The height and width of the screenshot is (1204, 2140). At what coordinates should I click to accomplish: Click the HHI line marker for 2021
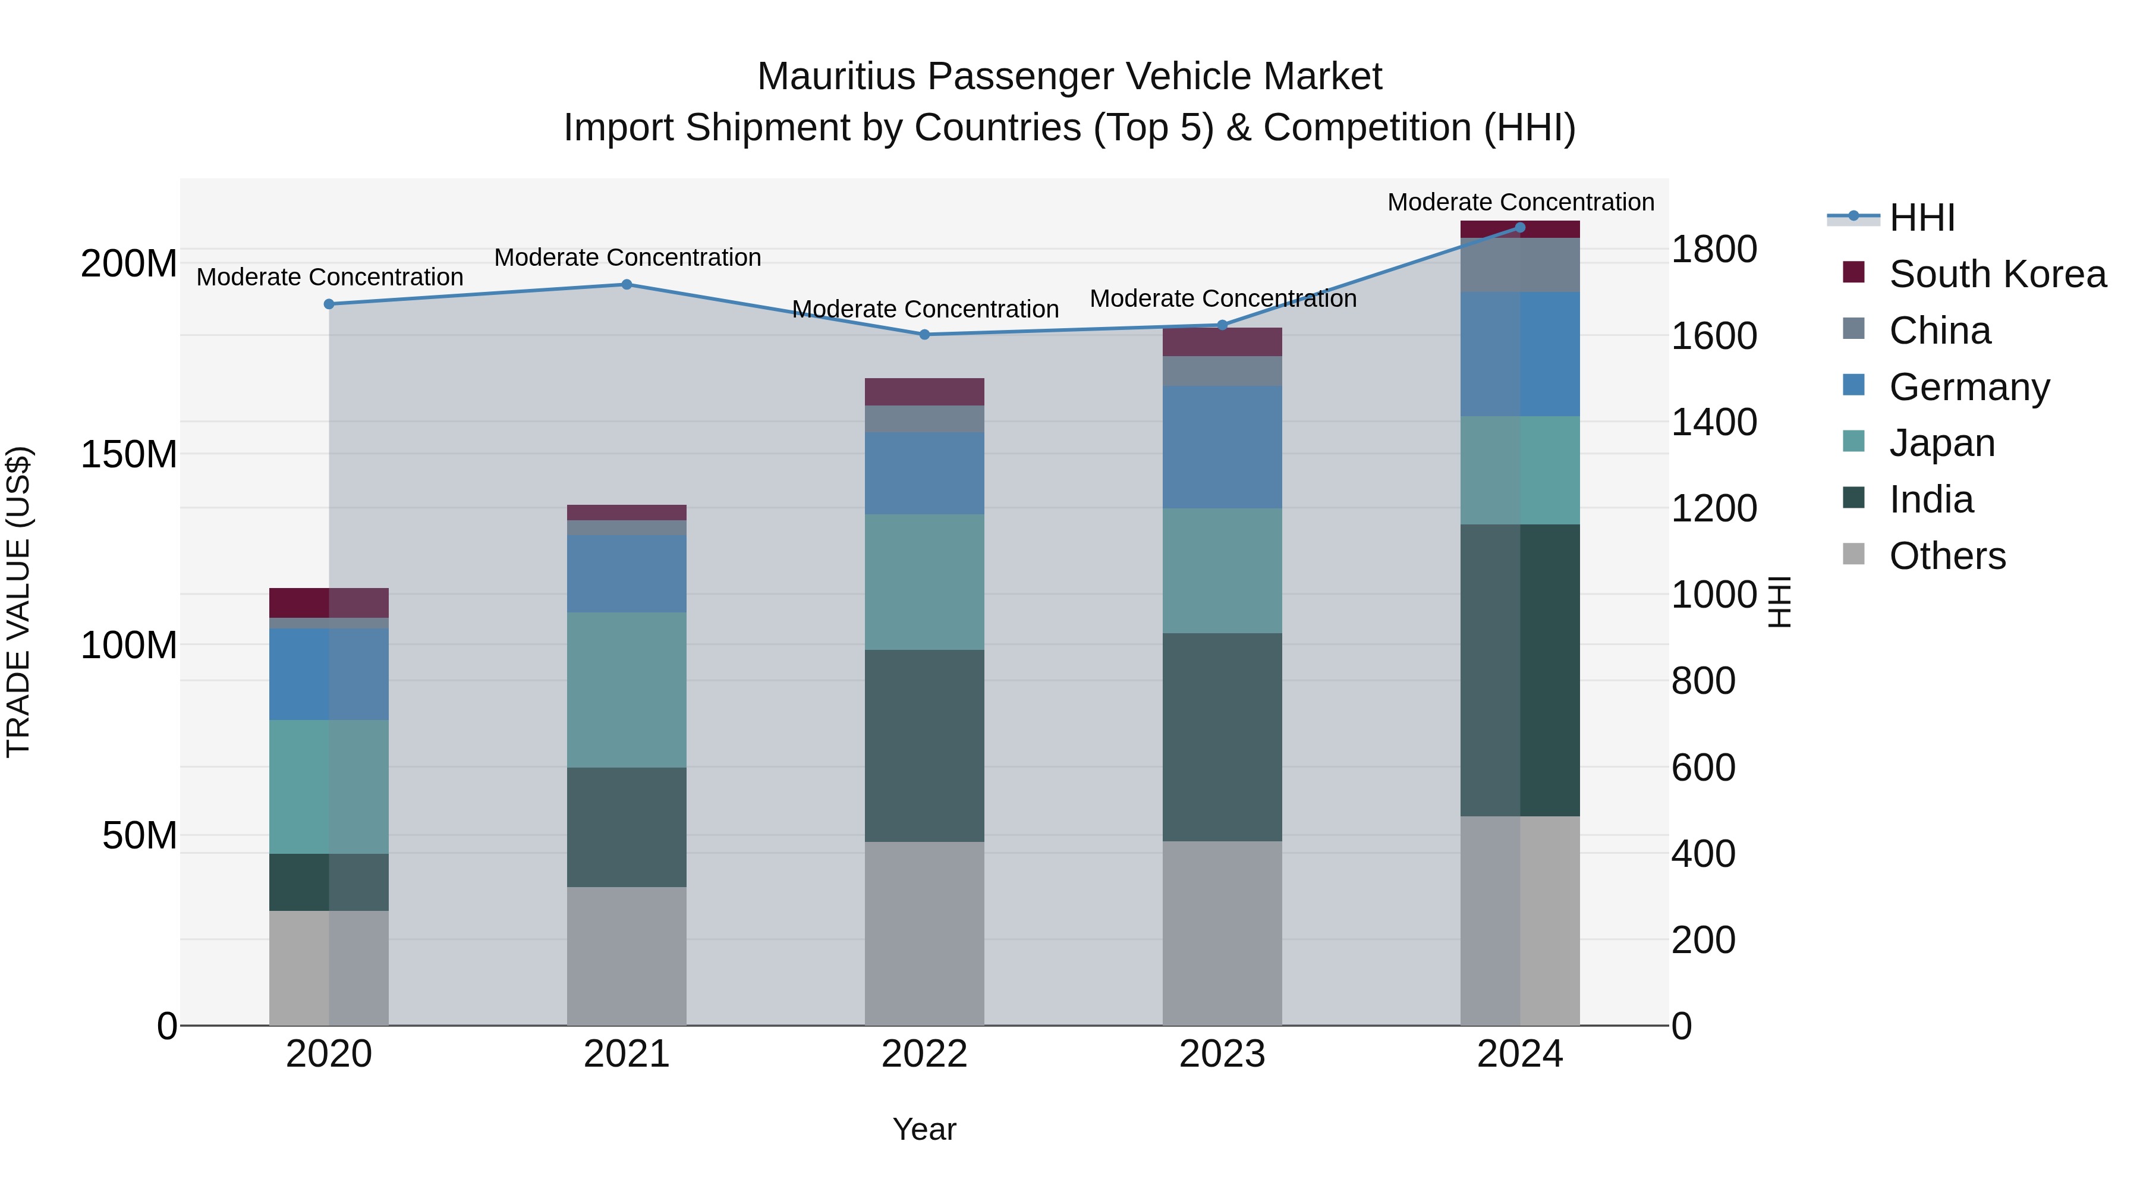pos(627,284)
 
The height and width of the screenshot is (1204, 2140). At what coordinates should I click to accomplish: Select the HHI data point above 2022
pos(924,335)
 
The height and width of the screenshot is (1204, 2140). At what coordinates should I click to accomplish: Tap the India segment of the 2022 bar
pos(924,746)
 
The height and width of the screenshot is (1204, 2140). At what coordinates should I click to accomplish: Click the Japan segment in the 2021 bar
pos(627,690)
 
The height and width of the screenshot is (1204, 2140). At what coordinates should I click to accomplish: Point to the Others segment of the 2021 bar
pos(627,955)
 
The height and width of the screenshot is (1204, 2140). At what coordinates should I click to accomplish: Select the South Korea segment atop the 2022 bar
pos(924,391)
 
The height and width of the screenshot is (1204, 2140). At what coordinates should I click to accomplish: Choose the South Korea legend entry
pos(1997,274)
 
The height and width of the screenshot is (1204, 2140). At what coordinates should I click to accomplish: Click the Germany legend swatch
pos(1853,385)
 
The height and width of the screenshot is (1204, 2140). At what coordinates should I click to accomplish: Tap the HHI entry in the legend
pos(1921,218)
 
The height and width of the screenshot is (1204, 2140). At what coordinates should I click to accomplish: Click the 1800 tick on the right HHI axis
pos(1713,249)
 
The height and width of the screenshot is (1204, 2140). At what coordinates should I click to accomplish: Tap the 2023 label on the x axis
pos(1222,1054)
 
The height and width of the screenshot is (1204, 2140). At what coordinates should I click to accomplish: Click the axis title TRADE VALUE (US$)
pos(18,602)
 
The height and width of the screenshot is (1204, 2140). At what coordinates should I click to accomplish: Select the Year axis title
pos(924,1129)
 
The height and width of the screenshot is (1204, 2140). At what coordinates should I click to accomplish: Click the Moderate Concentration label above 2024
pos(1520,202)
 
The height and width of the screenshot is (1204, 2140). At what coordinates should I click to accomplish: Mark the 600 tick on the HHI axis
pos(1703,767)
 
